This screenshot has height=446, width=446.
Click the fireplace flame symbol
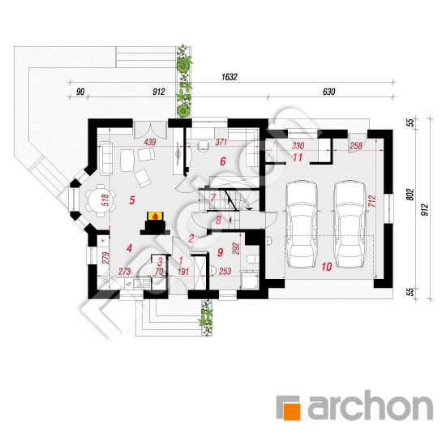(155, 217)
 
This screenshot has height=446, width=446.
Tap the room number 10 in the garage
(327, 267)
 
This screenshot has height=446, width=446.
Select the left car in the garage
(301, 225)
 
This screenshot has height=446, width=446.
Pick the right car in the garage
(350, 225)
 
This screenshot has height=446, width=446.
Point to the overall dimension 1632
(229, 77)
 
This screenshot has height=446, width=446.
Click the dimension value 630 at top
(328, 92)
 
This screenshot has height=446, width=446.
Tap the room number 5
(131, 200)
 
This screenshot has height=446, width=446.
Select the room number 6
(223, 161)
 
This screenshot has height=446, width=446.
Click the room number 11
(298, 157)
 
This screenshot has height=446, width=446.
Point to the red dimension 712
(372, 200)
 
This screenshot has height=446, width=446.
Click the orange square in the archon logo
(292, 411)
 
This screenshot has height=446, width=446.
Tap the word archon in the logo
(371, 405)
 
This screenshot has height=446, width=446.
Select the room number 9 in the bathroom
(220, 252)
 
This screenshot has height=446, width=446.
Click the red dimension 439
(150, 142)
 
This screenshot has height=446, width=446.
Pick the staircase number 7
(213, 197)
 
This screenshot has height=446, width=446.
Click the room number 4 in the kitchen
(129, 248)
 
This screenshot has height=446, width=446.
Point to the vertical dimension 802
(410, 195)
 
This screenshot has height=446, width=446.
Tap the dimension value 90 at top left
(80, 92)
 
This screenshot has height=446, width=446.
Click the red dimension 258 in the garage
(356, 146)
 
